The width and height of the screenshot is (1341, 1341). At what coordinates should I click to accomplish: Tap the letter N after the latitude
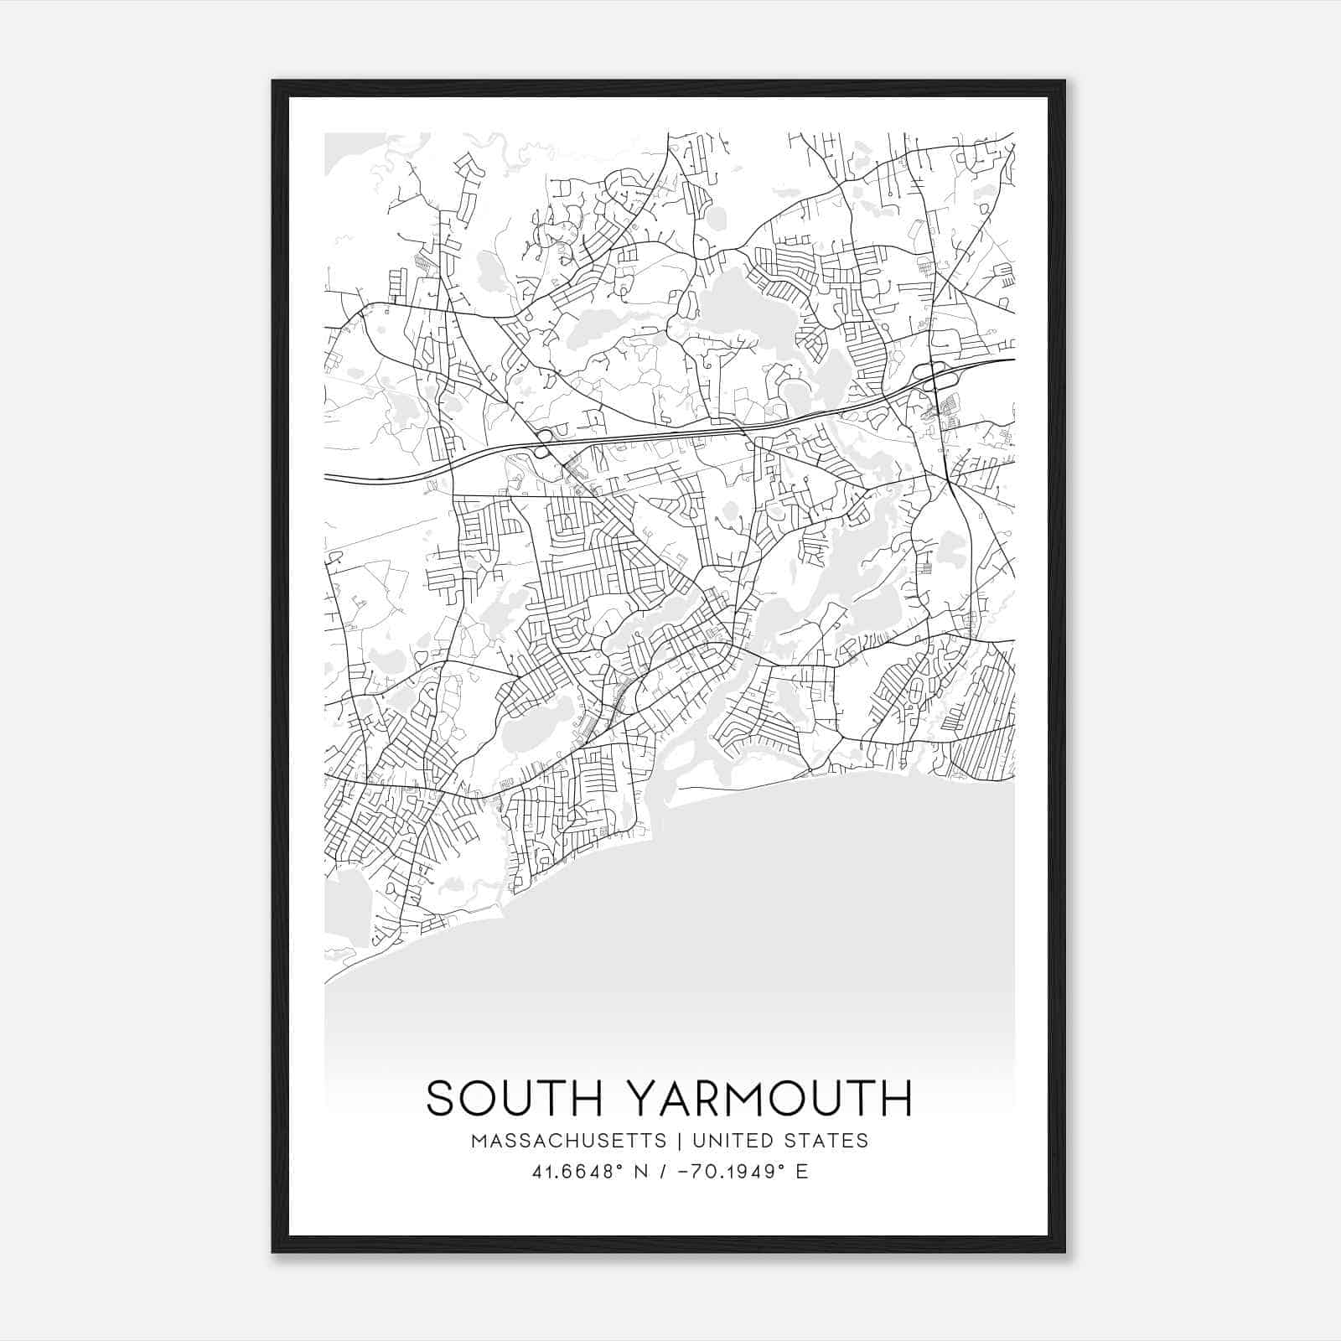642,1172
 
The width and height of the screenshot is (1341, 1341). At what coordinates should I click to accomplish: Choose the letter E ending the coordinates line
802,1172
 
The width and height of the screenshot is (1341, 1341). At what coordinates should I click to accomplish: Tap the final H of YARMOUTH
896,1098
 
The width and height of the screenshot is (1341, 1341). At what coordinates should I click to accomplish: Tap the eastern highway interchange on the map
932,375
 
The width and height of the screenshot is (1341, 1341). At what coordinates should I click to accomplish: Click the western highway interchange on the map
543,443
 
